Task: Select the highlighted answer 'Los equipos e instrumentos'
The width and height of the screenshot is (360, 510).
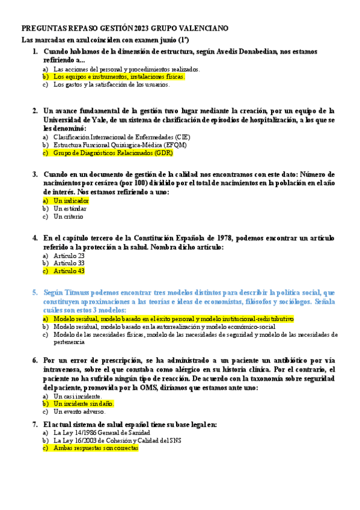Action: pos(118,77)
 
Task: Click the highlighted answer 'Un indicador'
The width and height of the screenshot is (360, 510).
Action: pos(71,200)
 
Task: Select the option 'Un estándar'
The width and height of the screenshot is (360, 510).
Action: pos(70,208)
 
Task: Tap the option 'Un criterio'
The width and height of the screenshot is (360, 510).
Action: pos(69,217)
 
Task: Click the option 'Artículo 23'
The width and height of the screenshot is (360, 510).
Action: pos(69,256)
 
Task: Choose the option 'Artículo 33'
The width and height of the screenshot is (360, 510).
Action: pos(69,263)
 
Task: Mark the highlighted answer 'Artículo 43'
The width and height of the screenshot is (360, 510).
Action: pos(69,271)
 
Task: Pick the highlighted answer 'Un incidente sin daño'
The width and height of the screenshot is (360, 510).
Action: pos(83,404)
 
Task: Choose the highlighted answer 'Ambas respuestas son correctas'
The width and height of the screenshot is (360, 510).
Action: pos(96,448)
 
